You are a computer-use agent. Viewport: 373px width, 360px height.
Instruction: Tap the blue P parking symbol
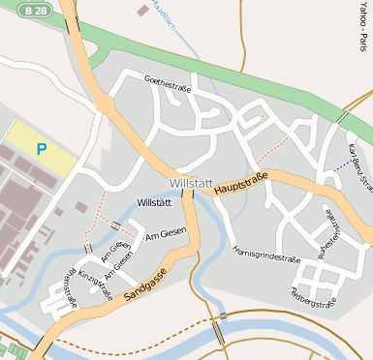click(x=41, y=149)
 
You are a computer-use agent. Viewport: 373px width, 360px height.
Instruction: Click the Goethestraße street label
click(x=167, y=86)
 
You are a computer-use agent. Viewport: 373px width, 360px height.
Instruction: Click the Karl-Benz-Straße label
click(x=358, y=165)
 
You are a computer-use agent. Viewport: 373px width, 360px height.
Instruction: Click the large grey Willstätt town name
click(x=190, y=183)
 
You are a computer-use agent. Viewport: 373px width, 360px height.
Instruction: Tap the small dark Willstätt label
click(x=154, y=202)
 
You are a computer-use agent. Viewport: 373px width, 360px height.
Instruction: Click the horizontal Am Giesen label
click(x=165, y=232)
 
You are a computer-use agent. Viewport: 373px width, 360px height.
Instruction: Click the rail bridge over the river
click(x=221, y=330)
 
